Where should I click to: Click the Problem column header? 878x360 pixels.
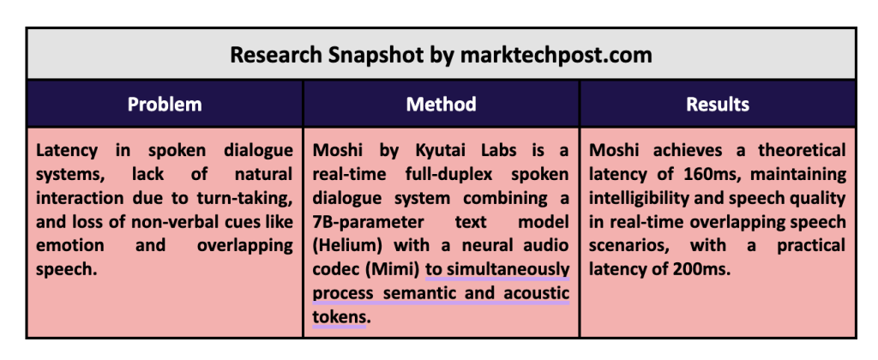165,104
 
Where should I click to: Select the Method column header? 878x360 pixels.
442,104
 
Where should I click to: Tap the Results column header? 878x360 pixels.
718,104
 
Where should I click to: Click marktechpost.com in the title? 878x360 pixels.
556,55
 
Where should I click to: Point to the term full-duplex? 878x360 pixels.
448,175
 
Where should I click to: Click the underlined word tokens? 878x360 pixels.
338,317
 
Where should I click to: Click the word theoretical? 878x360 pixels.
803,151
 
